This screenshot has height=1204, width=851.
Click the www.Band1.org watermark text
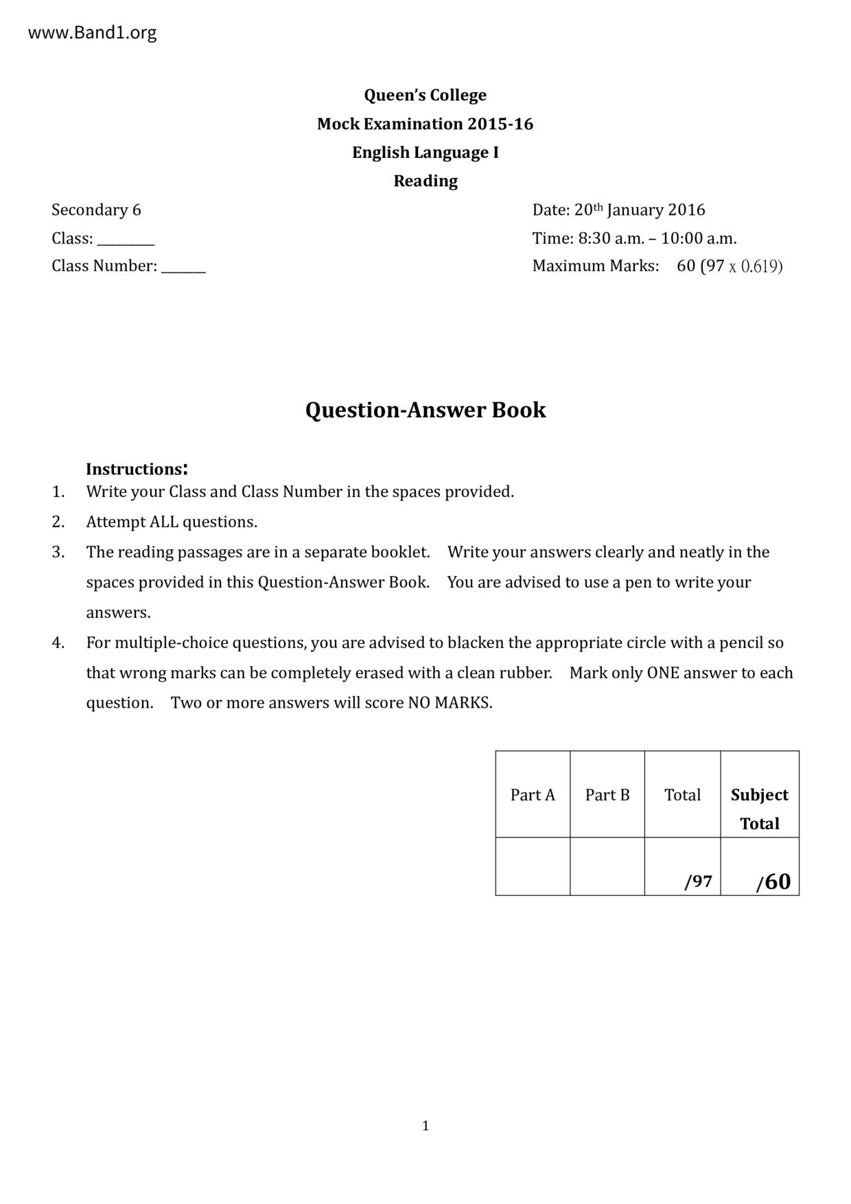[92, 33]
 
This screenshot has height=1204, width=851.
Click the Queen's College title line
[425, 95]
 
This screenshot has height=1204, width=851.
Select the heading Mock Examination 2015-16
[425, 124]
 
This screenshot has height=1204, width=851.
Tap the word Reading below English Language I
[425, 181]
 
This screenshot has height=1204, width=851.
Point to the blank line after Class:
[126, 242]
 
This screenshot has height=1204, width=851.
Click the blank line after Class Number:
[183, 269]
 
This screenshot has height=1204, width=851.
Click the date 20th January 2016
[640, 210]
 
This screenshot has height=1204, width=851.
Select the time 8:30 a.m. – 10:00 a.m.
[657, 239]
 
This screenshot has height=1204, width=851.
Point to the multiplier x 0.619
[755, 266]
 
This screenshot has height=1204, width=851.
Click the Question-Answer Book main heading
[425, 410]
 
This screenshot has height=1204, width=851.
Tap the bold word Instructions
[135, 470]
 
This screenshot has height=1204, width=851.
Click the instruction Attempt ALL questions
[172, 522]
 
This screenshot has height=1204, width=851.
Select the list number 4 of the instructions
[58, 643]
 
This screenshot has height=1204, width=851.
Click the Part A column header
[533, 795]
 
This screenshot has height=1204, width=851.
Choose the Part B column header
[607, 795]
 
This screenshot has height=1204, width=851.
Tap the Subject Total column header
[760, 809]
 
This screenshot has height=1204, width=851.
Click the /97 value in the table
[698, 882]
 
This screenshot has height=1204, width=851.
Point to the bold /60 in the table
[773, 882]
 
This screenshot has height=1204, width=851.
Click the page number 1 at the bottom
[425, 1126]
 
